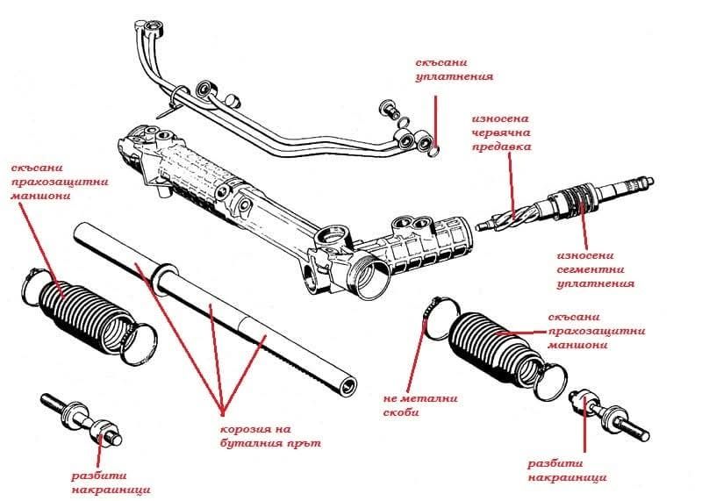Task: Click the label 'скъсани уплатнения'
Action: coord(455,69)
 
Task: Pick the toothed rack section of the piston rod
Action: coord(298,352)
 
